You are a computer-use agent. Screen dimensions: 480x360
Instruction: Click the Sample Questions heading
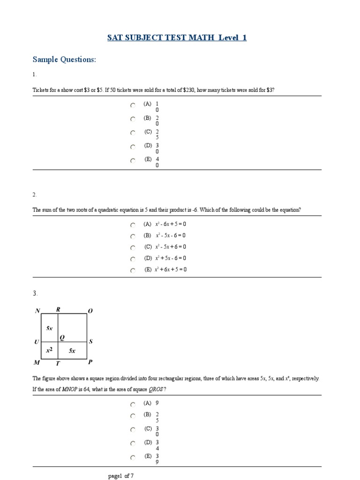coord(64,60)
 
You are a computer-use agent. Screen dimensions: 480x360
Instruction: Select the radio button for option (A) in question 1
coord(133,105)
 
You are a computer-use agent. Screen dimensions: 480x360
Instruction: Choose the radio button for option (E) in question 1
coord(133,160)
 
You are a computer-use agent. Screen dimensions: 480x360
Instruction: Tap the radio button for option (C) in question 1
coord(133,133)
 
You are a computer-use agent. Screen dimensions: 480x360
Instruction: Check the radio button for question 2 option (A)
coord(133,225)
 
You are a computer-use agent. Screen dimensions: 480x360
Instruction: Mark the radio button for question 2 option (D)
coord(133,259)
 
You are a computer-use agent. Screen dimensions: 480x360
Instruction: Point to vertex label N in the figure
coord(37,310)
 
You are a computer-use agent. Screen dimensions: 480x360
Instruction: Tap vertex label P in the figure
coord(90,362)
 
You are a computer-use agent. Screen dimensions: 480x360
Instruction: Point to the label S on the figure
coord(91,342)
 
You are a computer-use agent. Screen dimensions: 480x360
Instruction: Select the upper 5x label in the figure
coord(49,329)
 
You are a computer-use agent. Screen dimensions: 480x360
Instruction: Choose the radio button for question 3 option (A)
coord(133,404)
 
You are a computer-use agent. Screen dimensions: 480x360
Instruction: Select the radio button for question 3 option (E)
coord(133,457)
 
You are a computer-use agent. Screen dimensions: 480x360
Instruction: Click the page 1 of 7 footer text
coord(120,476)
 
